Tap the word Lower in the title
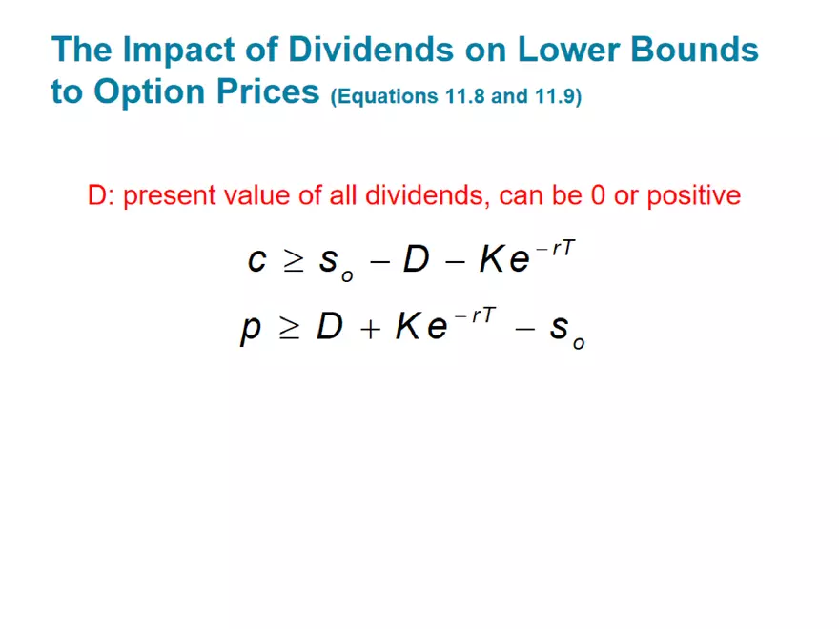568,50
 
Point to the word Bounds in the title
700,50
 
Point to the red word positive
693,195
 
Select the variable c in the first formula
256,259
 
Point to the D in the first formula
416,258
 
